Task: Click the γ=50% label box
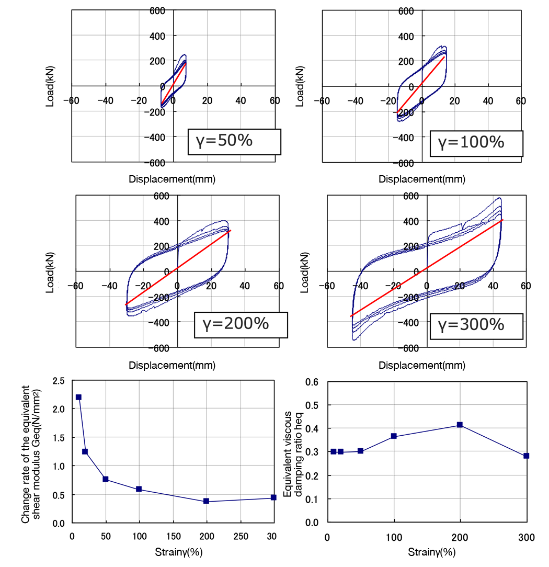point(234,141)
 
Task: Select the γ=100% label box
point(476,142)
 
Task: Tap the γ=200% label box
point(241,324)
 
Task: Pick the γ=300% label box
point(476,325)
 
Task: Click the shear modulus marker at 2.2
point(78,397)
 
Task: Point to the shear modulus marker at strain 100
point(139,489)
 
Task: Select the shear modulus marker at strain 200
point(207,501)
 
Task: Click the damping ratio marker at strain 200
point(460,425)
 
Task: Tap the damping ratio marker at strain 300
point(526,456)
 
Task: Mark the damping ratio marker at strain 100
point(394,436)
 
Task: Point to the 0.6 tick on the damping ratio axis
point(312,382)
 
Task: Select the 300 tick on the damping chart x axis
point(526,537)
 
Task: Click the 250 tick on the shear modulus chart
point(240,537)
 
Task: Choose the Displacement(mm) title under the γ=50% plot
point(172,179)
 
